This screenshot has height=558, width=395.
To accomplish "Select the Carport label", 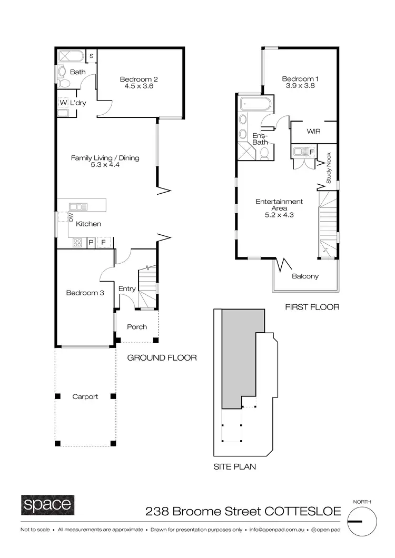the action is [85, 397].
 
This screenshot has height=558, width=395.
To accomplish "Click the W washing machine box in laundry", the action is [63, 103].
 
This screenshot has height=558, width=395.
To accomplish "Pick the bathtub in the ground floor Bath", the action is [71, 56].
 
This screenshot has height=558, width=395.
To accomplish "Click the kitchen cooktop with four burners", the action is [77, 243].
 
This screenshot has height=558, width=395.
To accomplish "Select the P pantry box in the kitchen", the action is [91, 243].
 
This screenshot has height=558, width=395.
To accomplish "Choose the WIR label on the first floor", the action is [314, 131].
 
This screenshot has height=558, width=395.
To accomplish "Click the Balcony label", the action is [305, 276].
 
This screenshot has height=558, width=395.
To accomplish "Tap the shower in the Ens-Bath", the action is [245, 151].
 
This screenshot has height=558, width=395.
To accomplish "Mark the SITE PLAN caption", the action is [235, 466].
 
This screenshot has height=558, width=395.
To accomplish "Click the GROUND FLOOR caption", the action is [162, 358].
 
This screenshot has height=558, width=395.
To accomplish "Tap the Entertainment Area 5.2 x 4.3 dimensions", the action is [279, 215].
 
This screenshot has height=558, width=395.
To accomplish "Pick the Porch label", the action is [137, 327].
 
